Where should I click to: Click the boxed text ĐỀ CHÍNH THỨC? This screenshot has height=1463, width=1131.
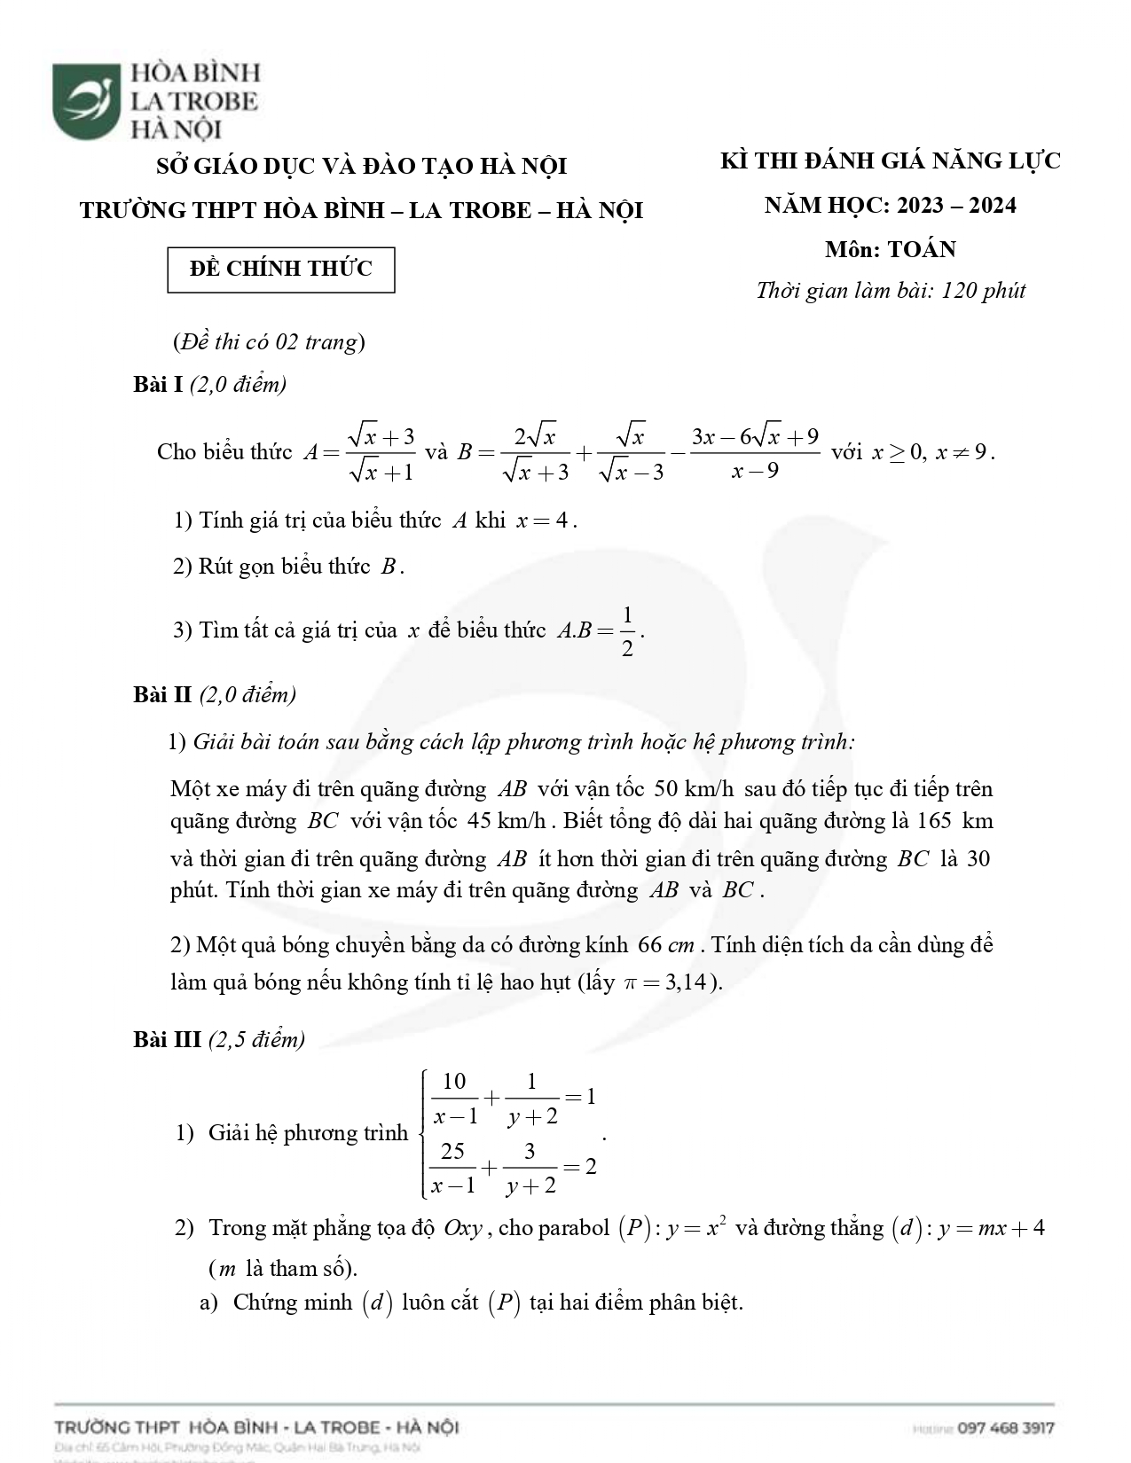(x=281, y=270)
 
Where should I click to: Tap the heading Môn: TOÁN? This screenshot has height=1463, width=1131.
(x=890, y=250)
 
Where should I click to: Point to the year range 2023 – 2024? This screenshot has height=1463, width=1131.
(x=956, y=206)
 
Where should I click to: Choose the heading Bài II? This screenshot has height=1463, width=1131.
(x=162, y=694)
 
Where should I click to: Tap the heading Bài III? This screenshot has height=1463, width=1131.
(x=167, y=1039)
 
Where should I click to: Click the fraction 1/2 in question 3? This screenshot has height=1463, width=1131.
(x=627, y=631)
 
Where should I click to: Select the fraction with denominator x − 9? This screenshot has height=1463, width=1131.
(x=755, y=452)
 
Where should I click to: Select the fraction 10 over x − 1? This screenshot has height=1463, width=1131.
(x=454, y=1098)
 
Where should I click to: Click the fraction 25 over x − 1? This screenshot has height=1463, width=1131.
(x=453, y=1168)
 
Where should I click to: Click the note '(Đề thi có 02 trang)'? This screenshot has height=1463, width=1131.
(x=269, y=342)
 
